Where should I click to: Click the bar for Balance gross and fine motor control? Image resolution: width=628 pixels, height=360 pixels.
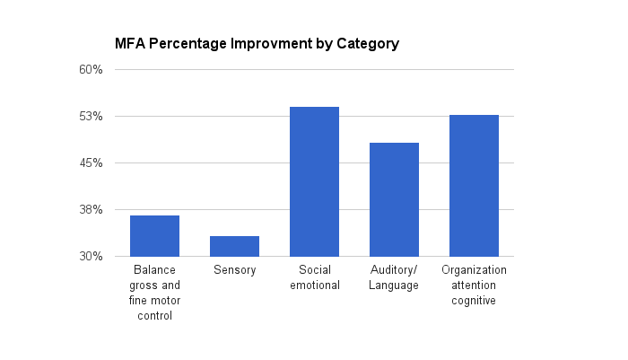click(x=154, y=236)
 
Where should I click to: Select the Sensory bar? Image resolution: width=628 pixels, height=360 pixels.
click(x=234, y=246)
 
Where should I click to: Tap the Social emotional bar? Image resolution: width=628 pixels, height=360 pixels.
click(x=314, y=181)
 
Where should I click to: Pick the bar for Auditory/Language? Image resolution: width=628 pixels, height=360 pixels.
click(x=394, y=199)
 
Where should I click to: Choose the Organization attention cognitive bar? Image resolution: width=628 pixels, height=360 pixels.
click(x=474, y=186)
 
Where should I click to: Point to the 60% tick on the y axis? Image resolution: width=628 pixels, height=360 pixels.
click(x=92, y=70)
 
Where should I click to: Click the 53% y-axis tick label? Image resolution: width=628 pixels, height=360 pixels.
click(x=92, y=117)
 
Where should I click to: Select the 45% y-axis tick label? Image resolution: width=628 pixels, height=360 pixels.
click(x=92, y=163)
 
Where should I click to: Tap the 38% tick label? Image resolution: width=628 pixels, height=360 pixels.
click(x=92, y=210)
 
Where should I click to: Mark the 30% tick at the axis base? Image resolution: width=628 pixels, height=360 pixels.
click(x=92, y=257)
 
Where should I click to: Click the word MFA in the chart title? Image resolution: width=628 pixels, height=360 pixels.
click(x=128, y=43)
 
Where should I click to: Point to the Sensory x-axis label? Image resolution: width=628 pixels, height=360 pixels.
click(x=234, y=270)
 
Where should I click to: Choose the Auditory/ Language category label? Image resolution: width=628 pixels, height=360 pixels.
click(x=394, y=277)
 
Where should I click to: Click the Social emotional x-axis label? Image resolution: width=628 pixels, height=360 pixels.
click(x=314, y=277)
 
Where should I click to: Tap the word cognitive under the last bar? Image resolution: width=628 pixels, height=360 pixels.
click(x=474, y=301)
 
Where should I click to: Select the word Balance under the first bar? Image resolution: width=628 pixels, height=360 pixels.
click(x=154, y=270)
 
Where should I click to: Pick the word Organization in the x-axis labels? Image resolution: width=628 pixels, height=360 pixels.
click(x=474, y=270)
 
